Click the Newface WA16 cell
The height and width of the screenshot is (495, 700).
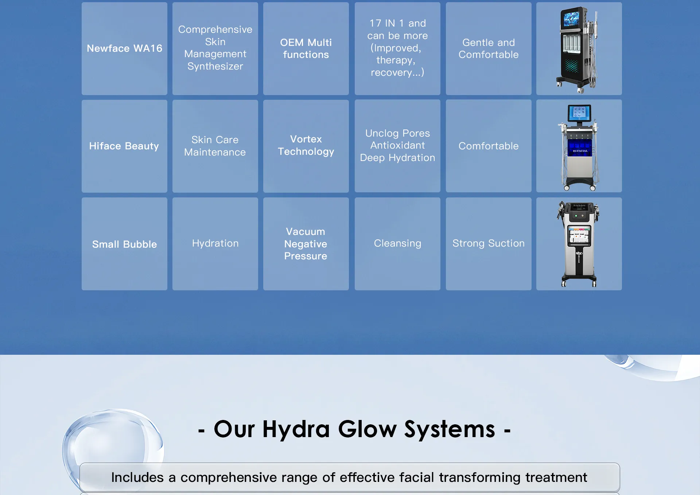click(124, 48)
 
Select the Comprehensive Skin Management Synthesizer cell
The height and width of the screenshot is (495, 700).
click(215, 48)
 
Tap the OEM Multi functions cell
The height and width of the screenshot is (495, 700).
click(306, 48)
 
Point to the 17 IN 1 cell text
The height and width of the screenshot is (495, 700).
click(397, 48)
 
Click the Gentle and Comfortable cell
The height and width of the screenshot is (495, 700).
click(489, 48)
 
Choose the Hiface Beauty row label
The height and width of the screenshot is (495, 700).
click(124, 146)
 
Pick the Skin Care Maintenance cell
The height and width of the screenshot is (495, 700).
click(215, 146)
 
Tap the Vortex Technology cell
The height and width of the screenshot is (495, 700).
click(306, 146)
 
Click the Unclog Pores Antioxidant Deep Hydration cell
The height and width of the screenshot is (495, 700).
click(397, 146)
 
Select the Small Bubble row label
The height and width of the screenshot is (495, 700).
click(124, 244)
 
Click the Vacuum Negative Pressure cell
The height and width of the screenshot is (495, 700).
click(306, 244)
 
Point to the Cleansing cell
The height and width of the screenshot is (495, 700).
click(397, 244)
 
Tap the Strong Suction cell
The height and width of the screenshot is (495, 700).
click(489, 244)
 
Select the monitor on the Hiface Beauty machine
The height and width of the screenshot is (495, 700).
click(579, 113)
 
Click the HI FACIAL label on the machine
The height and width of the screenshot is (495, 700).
click(580, 151)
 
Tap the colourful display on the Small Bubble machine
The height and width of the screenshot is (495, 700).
click(579, 235)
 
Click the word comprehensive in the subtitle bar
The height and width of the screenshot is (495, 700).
click(229, 478)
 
